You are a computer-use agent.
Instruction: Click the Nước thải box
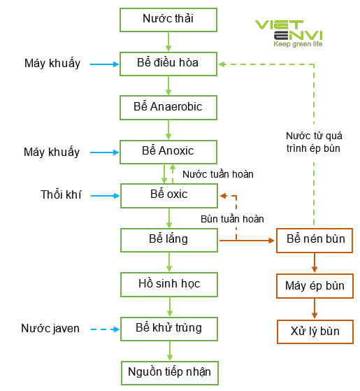[168, 20]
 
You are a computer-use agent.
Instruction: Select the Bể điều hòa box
[168, 64]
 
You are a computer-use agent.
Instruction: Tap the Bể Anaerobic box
[168, 108]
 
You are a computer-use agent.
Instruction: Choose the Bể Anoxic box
[168, 151]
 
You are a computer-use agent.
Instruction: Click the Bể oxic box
[168, 195]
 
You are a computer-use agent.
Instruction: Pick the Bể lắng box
[168, 240]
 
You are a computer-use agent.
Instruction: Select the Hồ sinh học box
[168, 284]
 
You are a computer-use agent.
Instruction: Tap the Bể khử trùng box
[168, 327]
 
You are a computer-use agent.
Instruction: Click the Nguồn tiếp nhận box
[168, 371]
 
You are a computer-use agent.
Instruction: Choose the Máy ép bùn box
[315, 286]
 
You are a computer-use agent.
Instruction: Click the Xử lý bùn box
[315, 331]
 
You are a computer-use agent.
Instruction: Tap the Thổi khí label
[61, 195]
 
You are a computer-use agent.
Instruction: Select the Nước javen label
[50, 328]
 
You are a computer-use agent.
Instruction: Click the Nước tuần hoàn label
[217, 174]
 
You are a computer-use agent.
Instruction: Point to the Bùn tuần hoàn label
[232, 219]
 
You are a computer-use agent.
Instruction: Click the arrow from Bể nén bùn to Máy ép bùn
[315, 263]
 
